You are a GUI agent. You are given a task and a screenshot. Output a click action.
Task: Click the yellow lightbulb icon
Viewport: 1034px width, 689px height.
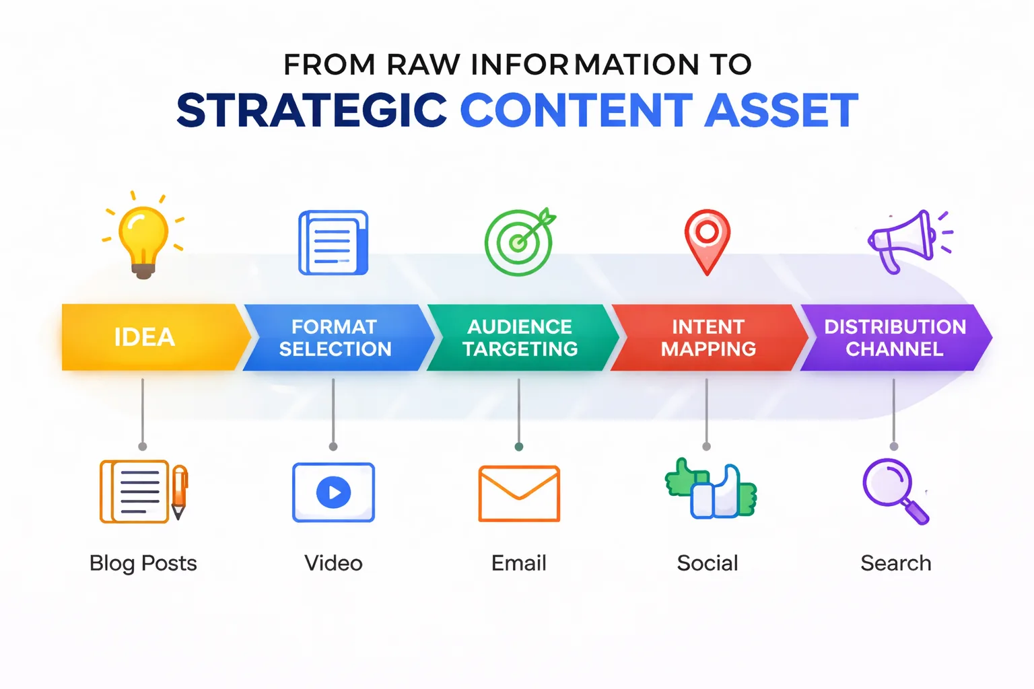(x=143, y=239)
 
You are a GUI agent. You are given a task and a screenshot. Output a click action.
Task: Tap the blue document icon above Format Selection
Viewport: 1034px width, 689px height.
(x=333, y=242)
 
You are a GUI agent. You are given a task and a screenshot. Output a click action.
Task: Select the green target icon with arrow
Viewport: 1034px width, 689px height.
(x=519, y=242)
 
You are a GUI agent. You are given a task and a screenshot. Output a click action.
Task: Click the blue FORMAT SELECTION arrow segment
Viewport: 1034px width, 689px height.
(x=335, y=337)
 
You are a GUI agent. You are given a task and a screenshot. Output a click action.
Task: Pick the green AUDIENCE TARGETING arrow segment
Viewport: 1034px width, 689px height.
(x=520, y=337)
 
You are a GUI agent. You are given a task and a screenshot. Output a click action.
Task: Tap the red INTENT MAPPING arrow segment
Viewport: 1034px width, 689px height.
(x=708, y=337)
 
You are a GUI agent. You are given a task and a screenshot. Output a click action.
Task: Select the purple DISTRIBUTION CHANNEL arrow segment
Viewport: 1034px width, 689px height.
(x=895, y=337)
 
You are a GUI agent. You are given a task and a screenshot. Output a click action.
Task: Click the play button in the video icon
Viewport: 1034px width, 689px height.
(x=334, y=493)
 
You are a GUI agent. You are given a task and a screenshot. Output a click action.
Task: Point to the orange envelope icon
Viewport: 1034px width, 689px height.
(x=519, y=493)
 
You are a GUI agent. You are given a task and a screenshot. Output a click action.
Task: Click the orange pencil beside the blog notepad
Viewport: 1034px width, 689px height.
(x=178, y=491)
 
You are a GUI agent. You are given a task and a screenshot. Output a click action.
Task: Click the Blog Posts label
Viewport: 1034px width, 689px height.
(x=143, y=563)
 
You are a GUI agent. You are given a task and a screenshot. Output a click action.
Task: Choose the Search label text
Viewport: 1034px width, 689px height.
(x=895, y=563)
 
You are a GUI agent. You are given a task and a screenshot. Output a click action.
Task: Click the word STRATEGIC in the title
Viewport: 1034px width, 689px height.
(x=312, y=111)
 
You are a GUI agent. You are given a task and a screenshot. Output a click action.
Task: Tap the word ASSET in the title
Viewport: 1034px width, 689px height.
(x=781, y=111)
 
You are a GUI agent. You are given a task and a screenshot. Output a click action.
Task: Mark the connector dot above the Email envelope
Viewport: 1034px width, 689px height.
(x=519, y=447)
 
